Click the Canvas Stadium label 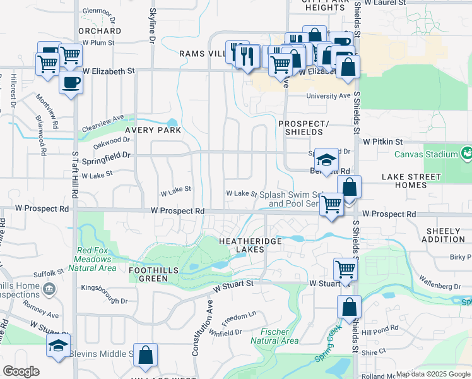click(426, 155)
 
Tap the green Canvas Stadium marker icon click(466, 153)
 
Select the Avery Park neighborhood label click(153, 130)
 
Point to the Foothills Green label click(153, 274)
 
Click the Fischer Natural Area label click(274, 336)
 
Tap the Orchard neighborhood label click(100, 30)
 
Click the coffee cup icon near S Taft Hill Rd click(71, 82)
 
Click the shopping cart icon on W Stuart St click(345, 268)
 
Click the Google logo click(21, 371)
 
